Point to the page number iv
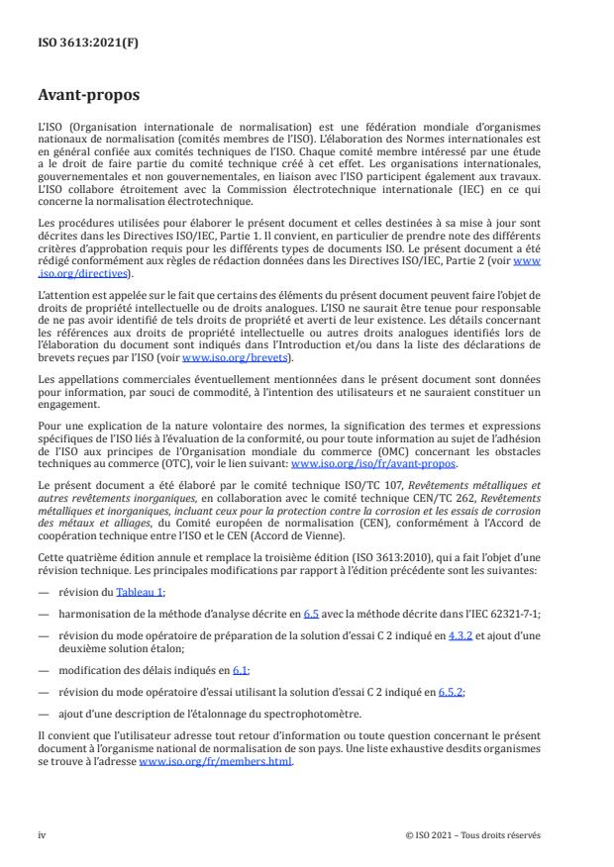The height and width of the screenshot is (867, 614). coord(42,835)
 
